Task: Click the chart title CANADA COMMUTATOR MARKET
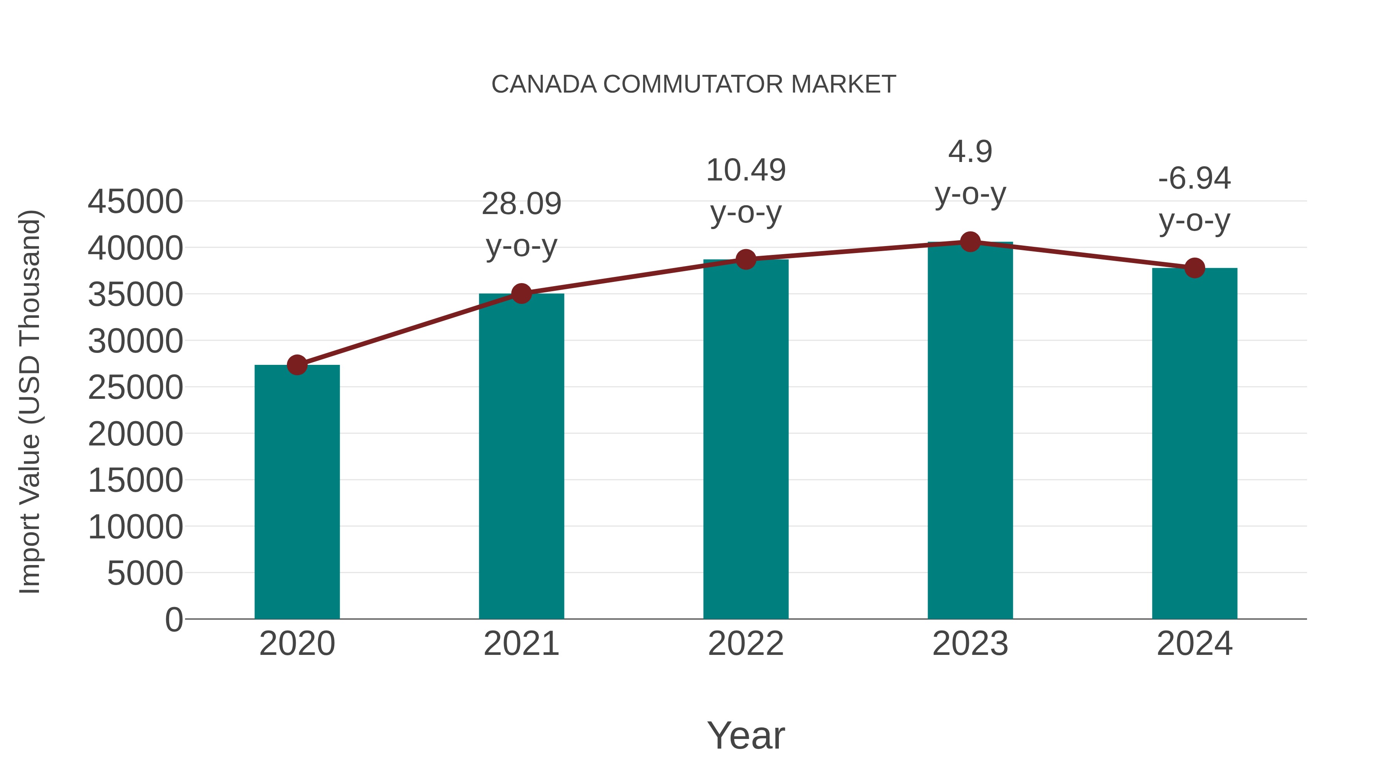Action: (694, 84)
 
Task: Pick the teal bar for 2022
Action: (746, 439)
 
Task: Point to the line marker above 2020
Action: (297, 365)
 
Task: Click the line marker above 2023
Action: (970, 242)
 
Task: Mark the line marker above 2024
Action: (1194, 268)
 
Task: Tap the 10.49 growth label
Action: (746, 170)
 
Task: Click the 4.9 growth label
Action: (970, 152)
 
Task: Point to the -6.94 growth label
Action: (1194, 179)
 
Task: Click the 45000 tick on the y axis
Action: (135, 202)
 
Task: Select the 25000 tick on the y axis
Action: (135, 388)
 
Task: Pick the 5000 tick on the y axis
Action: (145, 573)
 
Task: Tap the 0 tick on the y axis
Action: (174, 619)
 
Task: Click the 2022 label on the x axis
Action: (746, 644)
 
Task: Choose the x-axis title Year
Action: (746, 735)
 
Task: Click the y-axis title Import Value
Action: (30, 401)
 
